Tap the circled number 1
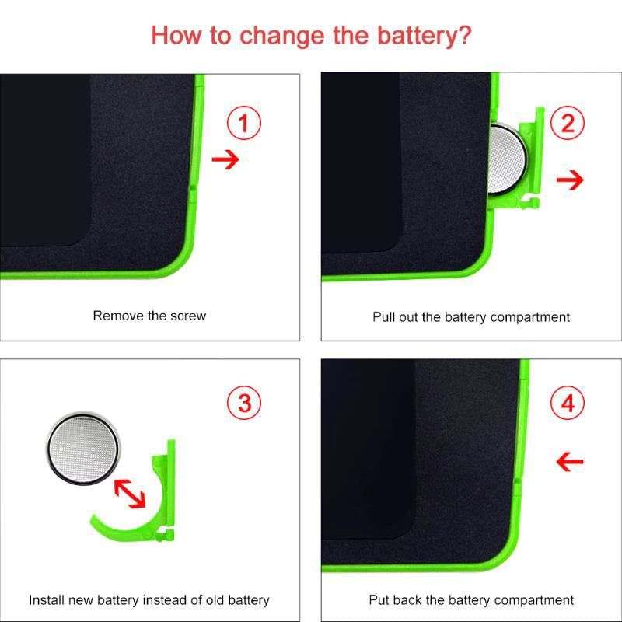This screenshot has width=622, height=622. click(x=244, y=123)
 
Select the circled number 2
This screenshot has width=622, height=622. click(x=568, y=123)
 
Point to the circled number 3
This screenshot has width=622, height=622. click(x=244, y=403)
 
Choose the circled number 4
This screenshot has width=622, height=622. click(x=568, y=403)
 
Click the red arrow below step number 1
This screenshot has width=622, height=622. click(x=225, y=159)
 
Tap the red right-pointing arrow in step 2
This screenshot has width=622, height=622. click(x=570, y=180)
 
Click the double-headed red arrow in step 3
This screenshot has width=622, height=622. click(x=130, y=493)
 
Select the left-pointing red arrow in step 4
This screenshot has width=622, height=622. click(x=570, y=461)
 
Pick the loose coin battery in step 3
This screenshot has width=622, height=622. click(x=83, y=448)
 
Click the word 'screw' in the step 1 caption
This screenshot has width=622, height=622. click(x=188, y=316)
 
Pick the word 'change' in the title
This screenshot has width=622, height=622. click(x=282, y=36)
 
